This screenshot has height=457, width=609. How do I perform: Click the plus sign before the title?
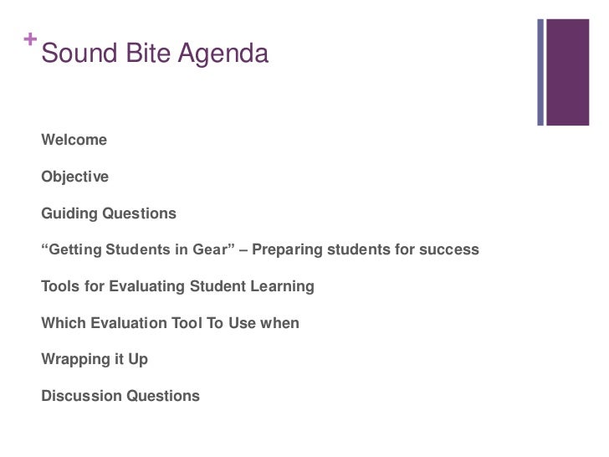point(30,39)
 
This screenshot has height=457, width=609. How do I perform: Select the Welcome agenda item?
point(74,141)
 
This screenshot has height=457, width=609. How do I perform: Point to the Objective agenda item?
point(74,177)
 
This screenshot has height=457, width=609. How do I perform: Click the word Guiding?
point(69,213)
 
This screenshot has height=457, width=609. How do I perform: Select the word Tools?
point(60,286)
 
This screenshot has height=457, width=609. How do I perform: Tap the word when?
point(280,322)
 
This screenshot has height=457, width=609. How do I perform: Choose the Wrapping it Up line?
point(94,359)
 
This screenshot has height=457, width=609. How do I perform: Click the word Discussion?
point(80,396)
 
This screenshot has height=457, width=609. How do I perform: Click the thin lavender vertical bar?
point(541,72)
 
